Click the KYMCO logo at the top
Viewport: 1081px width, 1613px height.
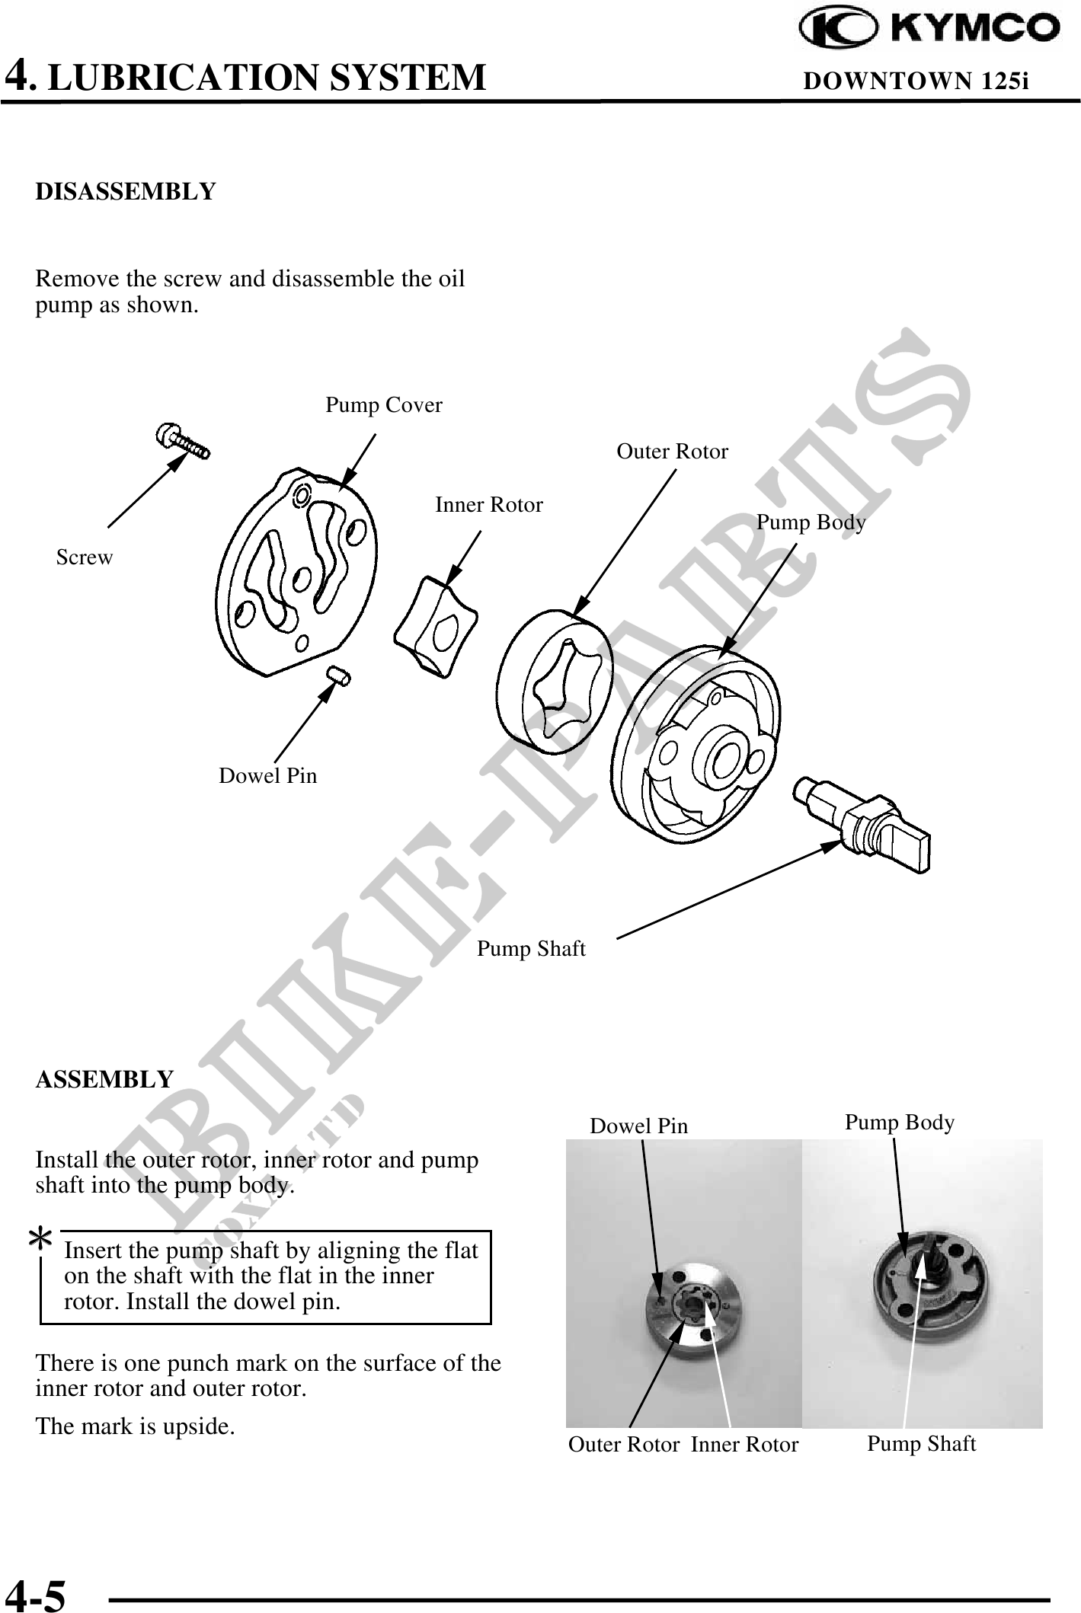click(929, 28)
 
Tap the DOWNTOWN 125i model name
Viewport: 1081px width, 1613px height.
click(916, 81)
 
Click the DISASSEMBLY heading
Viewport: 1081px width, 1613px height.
click(126, 191)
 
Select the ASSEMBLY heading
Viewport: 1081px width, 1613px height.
click(105, 1079)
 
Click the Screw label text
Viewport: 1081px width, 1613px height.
click(85, 557)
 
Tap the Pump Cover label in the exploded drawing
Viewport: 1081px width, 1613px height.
click(384, 405)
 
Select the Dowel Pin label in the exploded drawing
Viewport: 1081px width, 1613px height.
click(267, 776)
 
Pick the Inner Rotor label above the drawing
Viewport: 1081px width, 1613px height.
click(489, 505)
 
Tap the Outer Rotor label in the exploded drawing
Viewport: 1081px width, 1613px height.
click(672, 452)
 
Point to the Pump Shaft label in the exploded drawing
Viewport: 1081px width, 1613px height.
click(531, 949)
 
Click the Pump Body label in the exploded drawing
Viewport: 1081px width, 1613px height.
click(811, 522)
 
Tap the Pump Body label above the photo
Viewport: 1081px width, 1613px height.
click(900, 1123)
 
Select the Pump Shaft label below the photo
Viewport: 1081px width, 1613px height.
click(921, 1443)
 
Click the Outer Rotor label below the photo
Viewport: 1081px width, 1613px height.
click(624, 1445)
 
